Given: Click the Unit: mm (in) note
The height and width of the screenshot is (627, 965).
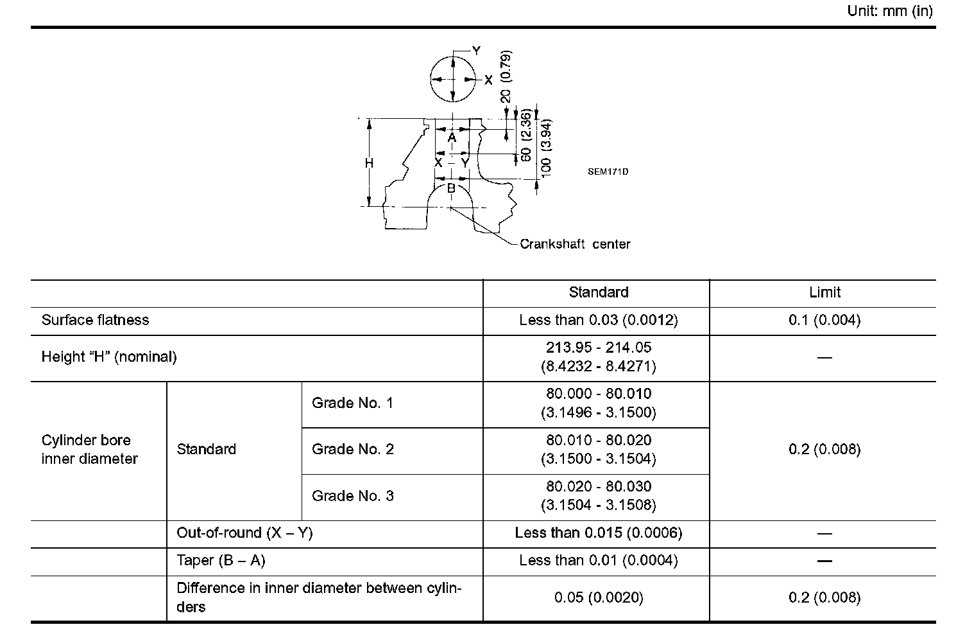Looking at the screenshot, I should pos(890,12).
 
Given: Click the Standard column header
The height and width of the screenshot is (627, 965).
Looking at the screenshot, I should pos(598,292).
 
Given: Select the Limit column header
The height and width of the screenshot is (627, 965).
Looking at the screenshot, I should pos(824,292).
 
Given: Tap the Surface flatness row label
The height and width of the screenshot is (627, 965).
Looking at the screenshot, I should pos(95,320).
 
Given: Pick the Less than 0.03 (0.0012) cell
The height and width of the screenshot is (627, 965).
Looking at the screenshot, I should pos(598,320).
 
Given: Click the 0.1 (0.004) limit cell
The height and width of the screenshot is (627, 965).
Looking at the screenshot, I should pos(824,320).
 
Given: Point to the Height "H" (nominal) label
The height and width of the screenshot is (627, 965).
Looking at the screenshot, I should pos(109,357).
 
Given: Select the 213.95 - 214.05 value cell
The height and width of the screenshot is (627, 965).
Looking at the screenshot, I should pos(598,357).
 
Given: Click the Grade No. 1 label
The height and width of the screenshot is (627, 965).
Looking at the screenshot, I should pos(352,403).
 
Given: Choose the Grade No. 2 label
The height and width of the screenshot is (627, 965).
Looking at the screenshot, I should pos(352,449).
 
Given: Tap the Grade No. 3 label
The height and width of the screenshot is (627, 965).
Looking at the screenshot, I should pos(352,496).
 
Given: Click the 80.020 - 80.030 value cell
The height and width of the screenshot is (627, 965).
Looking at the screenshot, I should pos(598,496).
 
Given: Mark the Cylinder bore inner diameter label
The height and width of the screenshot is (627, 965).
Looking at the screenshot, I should pos(90,449).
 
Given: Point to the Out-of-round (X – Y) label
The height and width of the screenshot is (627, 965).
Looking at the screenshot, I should pos(244,533).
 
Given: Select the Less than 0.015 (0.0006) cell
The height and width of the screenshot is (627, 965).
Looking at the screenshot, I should pos(598,533).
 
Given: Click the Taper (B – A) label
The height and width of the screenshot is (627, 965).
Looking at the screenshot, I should pos(221,561).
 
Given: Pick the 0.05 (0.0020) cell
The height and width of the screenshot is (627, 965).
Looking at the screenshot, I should pos(598,597).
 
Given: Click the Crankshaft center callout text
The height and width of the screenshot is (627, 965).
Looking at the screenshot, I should pos(575,244).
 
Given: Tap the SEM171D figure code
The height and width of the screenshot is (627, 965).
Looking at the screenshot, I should pos(608,172).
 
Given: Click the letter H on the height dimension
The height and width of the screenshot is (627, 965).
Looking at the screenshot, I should pos(369,164).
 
